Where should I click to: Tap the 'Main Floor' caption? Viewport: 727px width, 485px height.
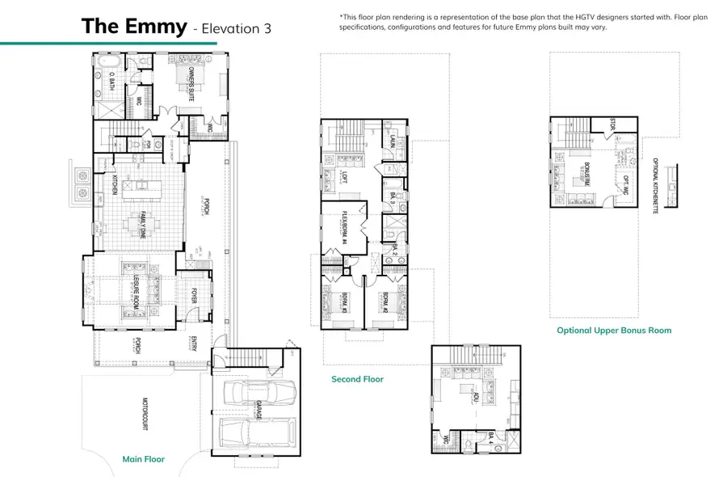144,459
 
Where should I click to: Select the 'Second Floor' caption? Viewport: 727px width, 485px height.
357,378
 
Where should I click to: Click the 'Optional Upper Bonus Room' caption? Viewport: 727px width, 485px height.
614,330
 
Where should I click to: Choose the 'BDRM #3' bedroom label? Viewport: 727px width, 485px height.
342,302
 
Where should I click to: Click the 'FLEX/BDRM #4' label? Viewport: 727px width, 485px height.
342,229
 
